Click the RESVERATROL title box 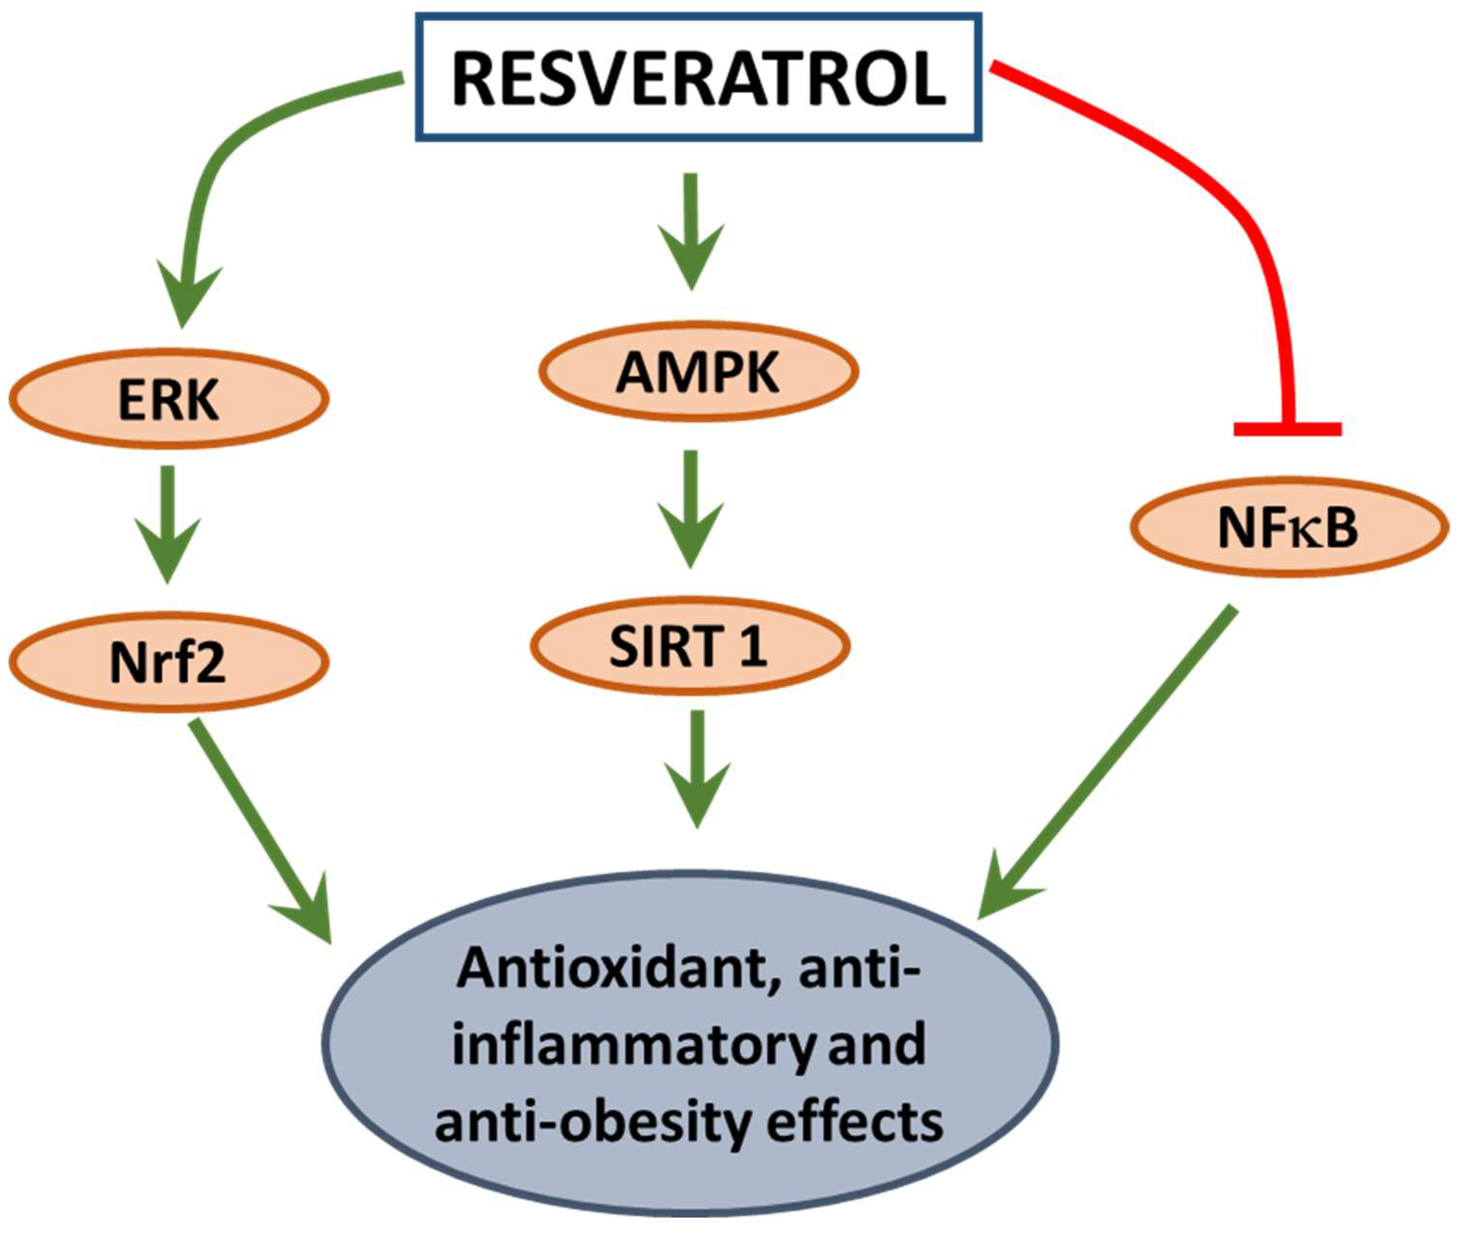pos(699,77)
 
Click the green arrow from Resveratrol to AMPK pos(691,231)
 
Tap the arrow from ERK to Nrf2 pos(168,524)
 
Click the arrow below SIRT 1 pos(697,769)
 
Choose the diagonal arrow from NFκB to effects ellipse pos(1111,762)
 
